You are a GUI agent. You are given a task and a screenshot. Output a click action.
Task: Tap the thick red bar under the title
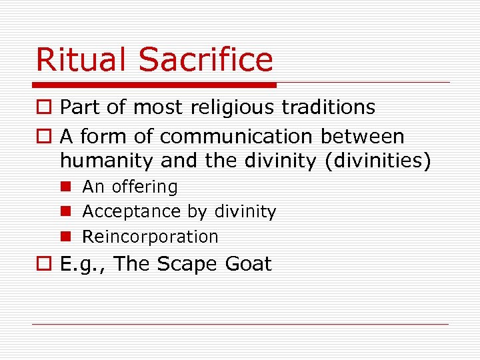coord(155,85)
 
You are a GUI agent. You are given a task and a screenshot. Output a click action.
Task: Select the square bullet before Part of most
coord(43,107)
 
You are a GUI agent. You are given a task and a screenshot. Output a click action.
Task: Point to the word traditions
coord(334,107)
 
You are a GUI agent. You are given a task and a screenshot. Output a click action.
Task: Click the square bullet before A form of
coord(43,137)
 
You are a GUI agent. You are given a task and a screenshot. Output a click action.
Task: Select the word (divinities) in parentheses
coord(379,161)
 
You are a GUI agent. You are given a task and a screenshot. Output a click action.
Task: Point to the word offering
coord(145,187)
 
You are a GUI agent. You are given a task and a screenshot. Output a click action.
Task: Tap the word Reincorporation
coord(150,237)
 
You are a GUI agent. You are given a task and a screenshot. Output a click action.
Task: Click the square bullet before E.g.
coord(43,264)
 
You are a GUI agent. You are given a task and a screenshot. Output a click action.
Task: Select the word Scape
coord(187,264)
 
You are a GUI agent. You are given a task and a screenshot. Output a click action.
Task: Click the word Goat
coord(248,263)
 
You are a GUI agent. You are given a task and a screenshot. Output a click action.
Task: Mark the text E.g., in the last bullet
coord(84,264)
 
